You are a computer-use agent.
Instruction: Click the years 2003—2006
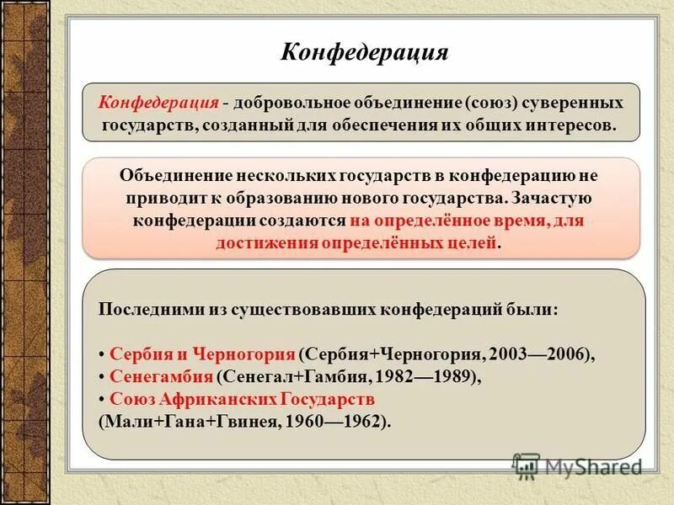tap(535, 354)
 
